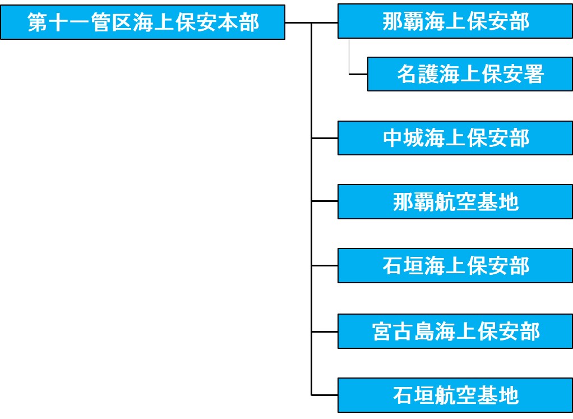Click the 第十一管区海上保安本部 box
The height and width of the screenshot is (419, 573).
142,23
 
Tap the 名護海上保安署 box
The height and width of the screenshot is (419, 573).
470,74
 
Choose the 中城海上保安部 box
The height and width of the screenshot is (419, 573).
455,138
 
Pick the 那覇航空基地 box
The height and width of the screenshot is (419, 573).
455,202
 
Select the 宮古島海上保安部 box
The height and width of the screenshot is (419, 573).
455,331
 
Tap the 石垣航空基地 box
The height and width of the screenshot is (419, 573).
455,395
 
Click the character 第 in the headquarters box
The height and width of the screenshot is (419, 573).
38,23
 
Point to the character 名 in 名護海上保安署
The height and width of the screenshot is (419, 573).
407,74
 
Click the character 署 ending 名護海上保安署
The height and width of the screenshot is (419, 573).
534,74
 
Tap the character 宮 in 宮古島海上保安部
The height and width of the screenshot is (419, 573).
382,331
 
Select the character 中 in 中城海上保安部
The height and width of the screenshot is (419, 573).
392,138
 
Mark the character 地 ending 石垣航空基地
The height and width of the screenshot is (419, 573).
509,395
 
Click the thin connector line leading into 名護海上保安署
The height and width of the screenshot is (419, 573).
358,74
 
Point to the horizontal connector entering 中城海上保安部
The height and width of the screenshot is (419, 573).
324,138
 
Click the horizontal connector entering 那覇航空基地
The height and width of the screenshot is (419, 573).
324,200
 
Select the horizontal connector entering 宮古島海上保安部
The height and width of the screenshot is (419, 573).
324,331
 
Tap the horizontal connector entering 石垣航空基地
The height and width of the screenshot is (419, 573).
324,395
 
